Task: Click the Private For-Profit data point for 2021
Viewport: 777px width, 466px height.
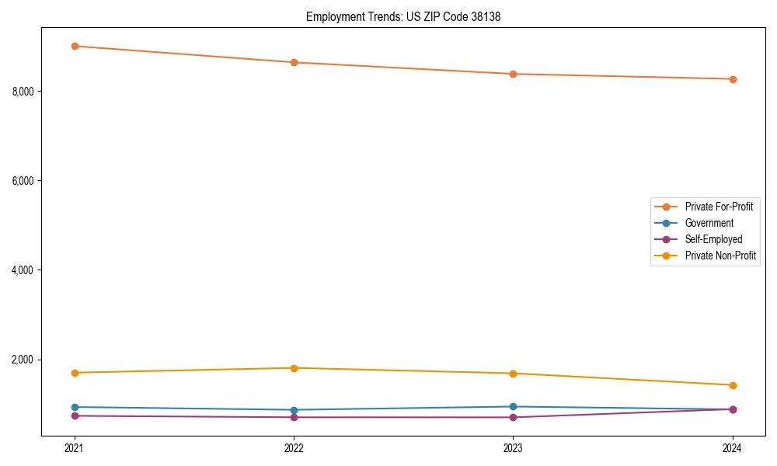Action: (x=75, y=46)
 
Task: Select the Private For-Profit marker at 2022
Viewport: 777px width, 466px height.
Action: (x=294, y=62)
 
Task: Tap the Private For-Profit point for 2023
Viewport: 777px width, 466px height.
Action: (x=513, y=74)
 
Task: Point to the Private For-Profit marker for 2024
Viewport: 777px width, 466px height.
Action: (x=733, y=79)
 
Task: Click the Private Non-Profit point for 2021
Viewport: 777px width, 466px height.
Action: (x=75, y=373)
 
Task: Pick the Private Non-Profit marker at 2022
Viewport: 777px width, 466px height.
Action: (x=294, y=368)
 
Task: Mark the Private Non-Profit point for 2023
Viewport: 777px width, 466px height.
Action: (x=513, y=374)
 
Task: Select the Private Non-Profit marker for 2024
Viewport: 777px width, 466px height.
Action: (x=733, y=385)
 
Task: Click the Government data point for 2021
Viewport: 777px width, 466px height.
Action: (x=75, y=407)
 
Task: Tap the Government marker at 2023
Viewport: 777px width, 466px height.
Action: (x=513, y=407)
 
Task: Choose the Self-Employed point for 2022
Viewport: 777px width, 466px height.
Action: (x=294, y=417)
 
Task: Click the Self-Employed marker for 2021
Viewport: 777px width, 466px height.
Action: (x=75, y=416)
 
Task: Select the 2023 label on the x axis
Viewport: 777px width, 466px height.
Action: (x=513, y=447)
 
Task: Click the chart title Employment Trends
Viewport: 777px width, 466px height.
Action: (x=402, y=16)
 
